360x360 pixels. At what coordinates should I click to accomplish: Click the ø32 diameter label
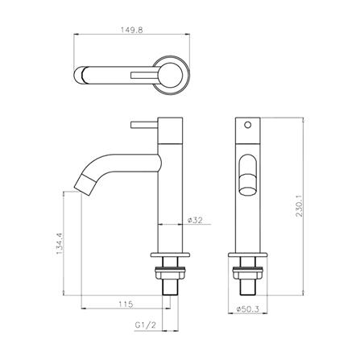click(193, 219)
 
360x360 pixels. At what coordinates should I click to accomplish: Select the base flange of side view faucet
click(172, 255)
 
